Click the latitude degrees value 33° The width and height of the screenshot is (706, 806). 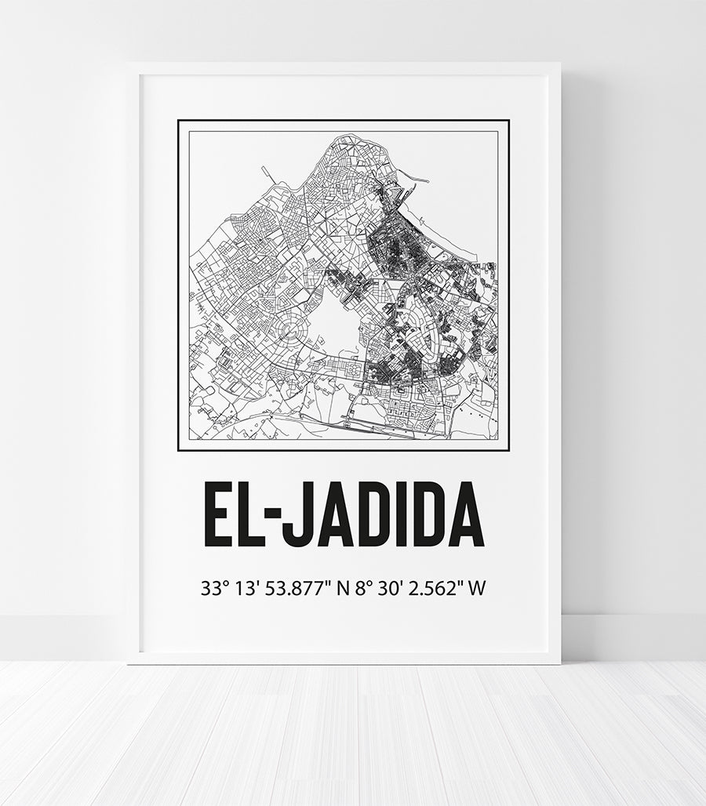[x=213, y=588]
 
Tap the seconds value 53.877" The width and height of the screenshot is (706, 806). [x=296, y=588]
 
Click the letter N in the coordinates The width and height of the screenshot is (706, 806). [x=342, y=588]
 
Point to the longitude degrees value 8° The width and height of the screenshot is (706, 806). [x=362, y=588]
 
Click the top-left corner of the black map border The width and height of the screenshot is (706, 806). [x=179, y=121]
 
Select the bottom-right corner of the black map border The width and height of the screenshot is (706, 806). [x=508, y=451]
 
